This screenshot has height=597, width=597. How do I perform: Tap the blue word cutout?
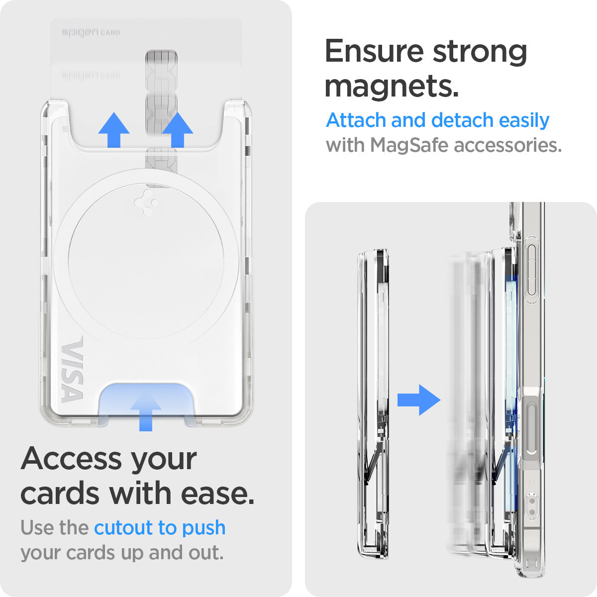click(x=123, y=528)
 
